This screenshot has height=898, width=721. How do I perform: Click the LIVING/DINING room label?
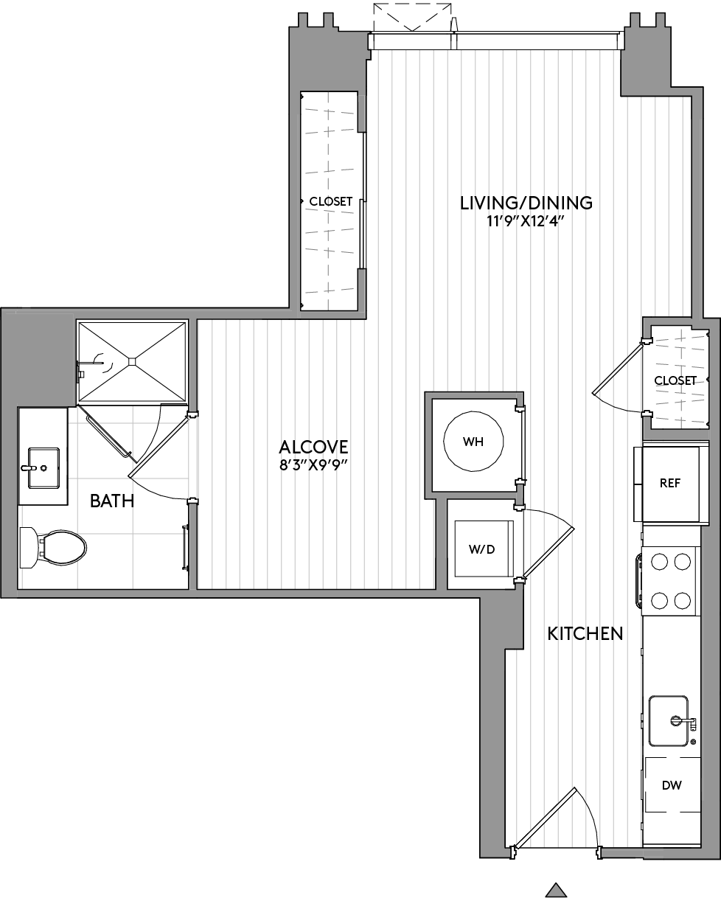point(526,202)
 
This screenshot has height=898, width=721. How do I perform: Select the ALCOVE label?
point(313,447)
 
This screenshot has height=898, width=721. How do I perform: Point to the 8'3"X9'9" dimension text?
point(313,466)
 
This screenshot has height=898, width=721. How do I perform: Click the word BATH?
point(112,501)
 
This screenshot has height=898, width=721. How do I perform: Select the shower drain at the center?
point(132,361)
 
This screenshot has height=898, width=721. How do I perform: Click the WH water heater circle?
point(473,442)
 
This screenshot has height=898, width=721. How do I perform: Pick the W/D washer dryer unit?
point(483,549)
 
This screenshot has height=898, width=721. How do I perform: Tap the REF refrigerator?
point(669,484)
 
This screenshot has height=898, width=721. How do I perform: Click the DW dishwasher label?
point(672,785)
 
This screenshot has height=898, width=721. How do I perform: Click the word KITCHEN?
point(585,633)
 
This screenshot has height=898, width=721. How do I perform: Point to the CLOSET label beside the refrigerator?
point(675,380)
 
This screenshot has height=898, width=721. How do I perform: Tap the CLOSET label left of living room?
point(330,201)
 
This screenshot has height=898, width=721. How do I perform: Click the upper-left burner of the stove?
point(659,563)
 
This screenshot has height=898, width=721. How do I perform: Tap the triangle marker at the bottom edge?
point(557,891)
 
